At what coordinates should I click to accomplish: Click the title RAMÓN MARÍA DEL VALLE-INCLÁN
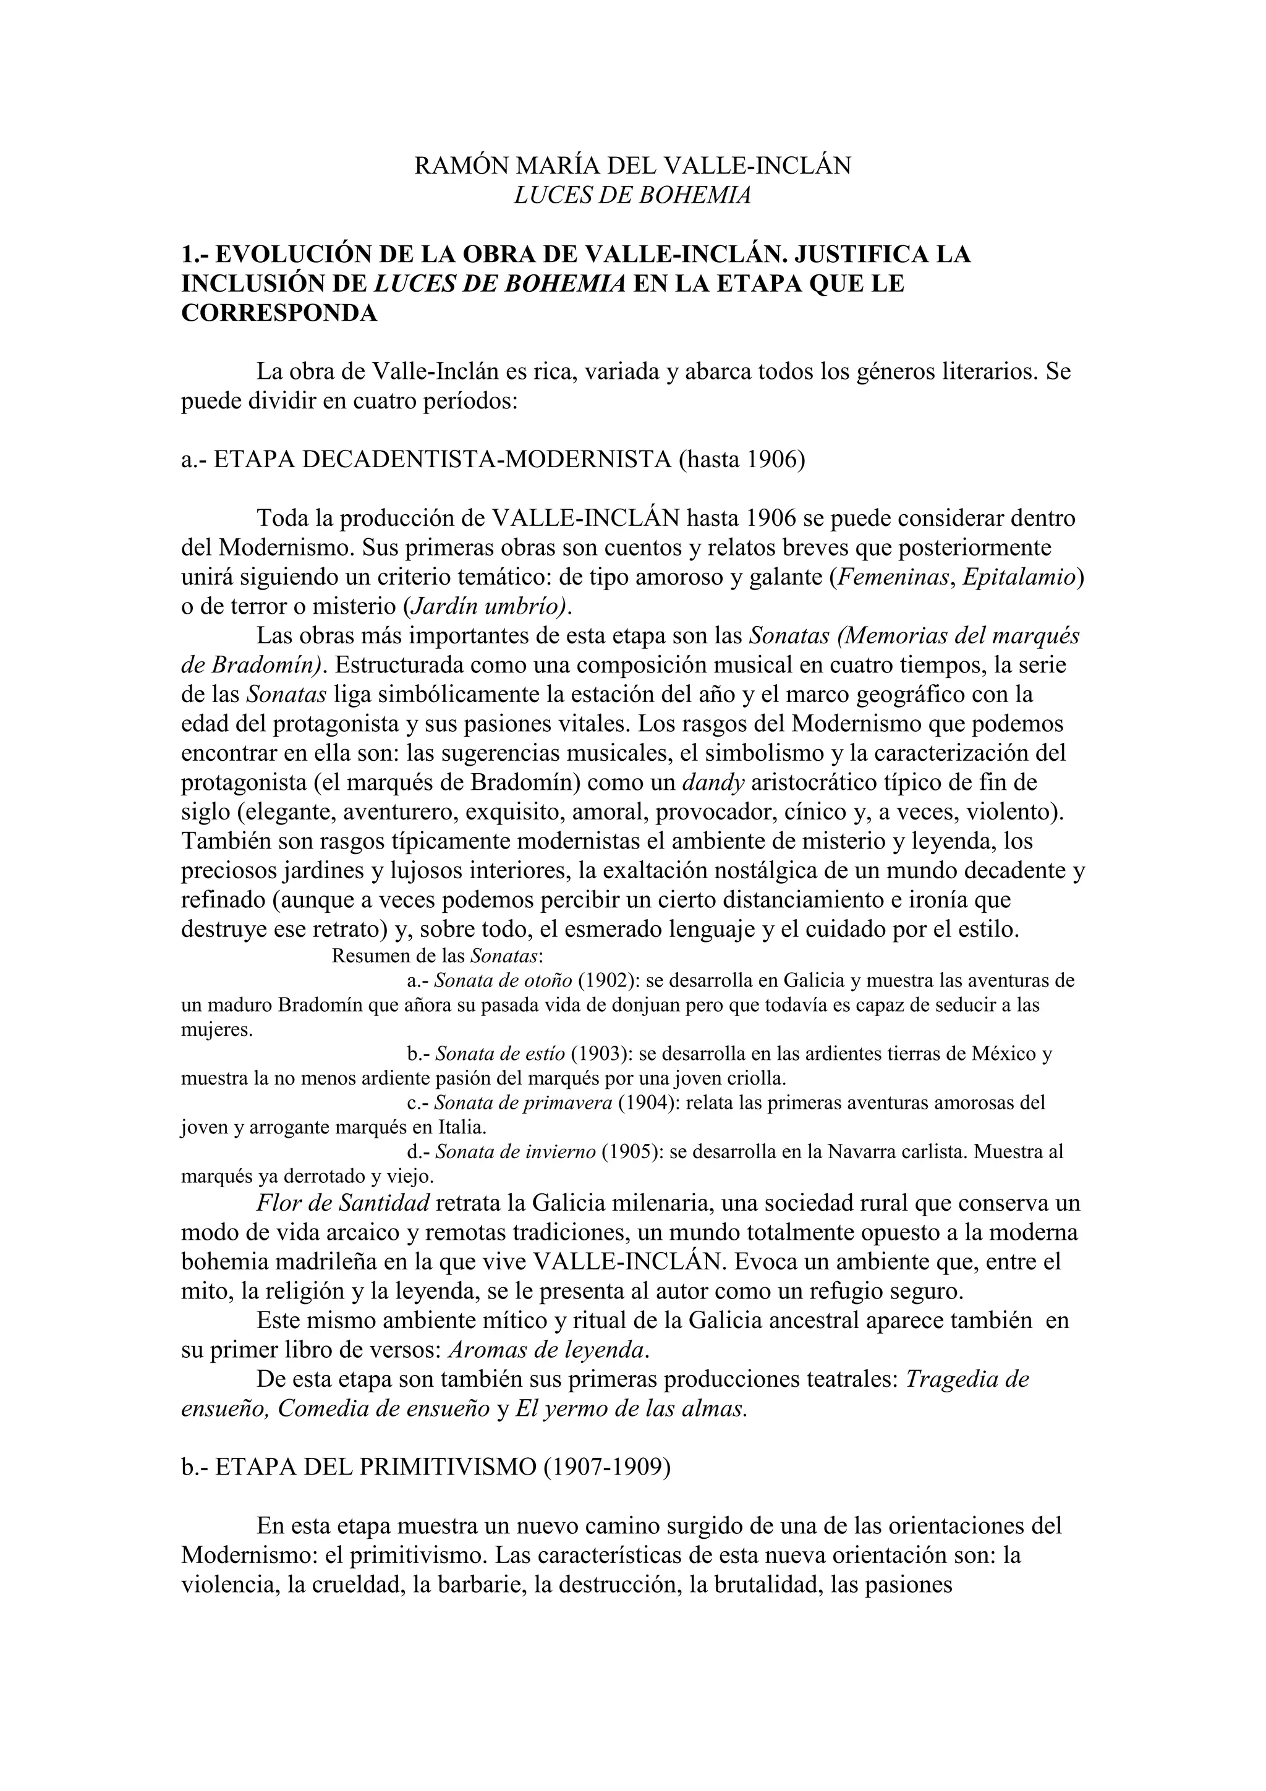point(632,166)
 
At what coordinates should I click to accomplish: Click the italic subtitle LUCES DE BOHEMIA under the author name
point(632,195)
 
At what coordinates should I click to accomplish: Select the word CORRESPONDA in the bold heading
point(279,313)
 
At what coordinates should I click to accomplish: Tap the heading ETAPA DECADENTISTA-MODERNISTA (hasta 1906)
point(492,459)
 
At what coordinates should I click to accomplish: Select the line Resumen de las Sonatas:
point(438,955)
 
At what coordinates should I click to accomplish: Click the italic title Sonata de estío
point(499,1054)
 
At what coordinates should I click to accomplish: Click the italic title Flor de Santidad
point(343,1203)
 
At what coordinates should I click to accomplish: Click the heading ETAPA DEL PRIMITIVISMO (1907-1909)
point(426,1467)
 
